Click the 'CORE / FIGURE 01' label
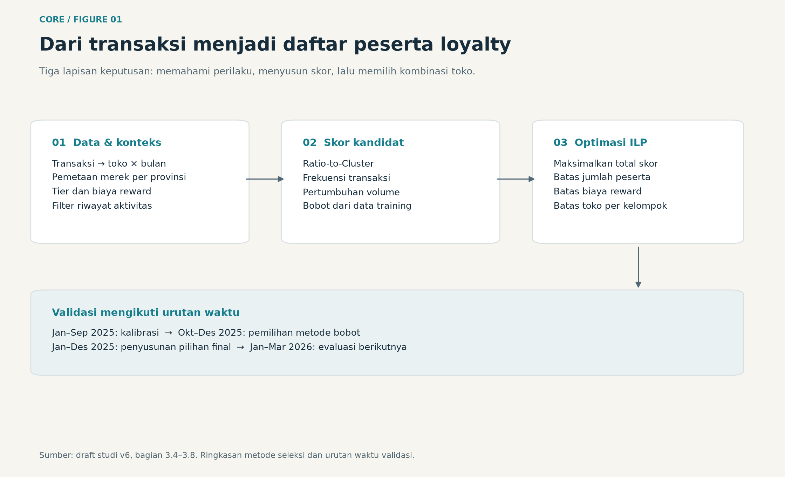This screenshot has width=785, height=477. click(81, 20)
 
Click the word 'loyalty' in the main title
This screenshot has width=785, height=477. click(476, 45)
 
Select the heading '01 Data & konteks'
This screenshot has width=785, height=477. click(107, 143)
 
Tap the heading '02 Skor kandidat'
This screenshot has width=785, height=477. click(353, 143)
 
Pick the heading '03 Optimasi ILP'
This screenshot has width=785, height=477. click(600, 143)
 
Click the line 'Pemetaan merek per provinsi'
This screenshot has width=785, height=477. click(119, 177)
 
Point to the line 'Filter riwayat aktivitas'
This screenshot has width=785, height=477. click(102, 206)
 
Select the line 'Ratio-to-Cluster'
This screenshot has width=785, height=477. click(338, 164)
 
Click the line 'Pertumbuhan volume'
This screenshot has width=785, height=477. click(351, 192)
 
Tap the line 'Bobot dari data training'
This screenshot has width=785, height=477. click(357, 206)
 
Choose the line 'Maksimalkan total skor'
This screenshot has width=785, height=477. click(606, 164)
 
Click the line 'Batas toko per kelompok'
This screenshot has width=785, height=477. click(610, 206)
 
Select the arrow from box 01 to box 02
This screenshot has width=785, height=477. click(265, 179)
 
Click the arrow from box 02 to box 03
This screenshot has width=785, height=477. click(516, 179)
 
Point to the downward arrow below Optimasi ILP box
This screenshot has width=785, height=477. click(639, 267)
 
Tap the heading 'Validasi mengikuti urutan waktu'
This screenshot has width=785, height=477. click(146, 313)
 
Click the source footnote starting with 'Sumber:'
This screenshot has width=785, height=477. click(227, 455)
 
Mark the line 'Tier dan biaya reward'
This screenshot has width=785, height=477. click(102, 192)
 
